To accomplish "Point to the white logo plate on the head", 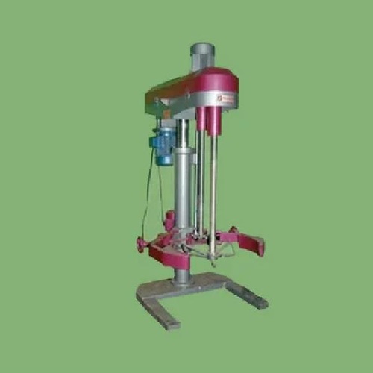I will point(227,98).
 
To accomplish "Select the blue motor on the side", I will point(163,143).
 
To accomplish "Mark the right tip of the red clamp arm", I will point(261,246).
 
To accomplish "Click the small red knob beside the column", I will point(169,219).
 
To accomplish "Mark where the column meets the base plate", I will point(181,280).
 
